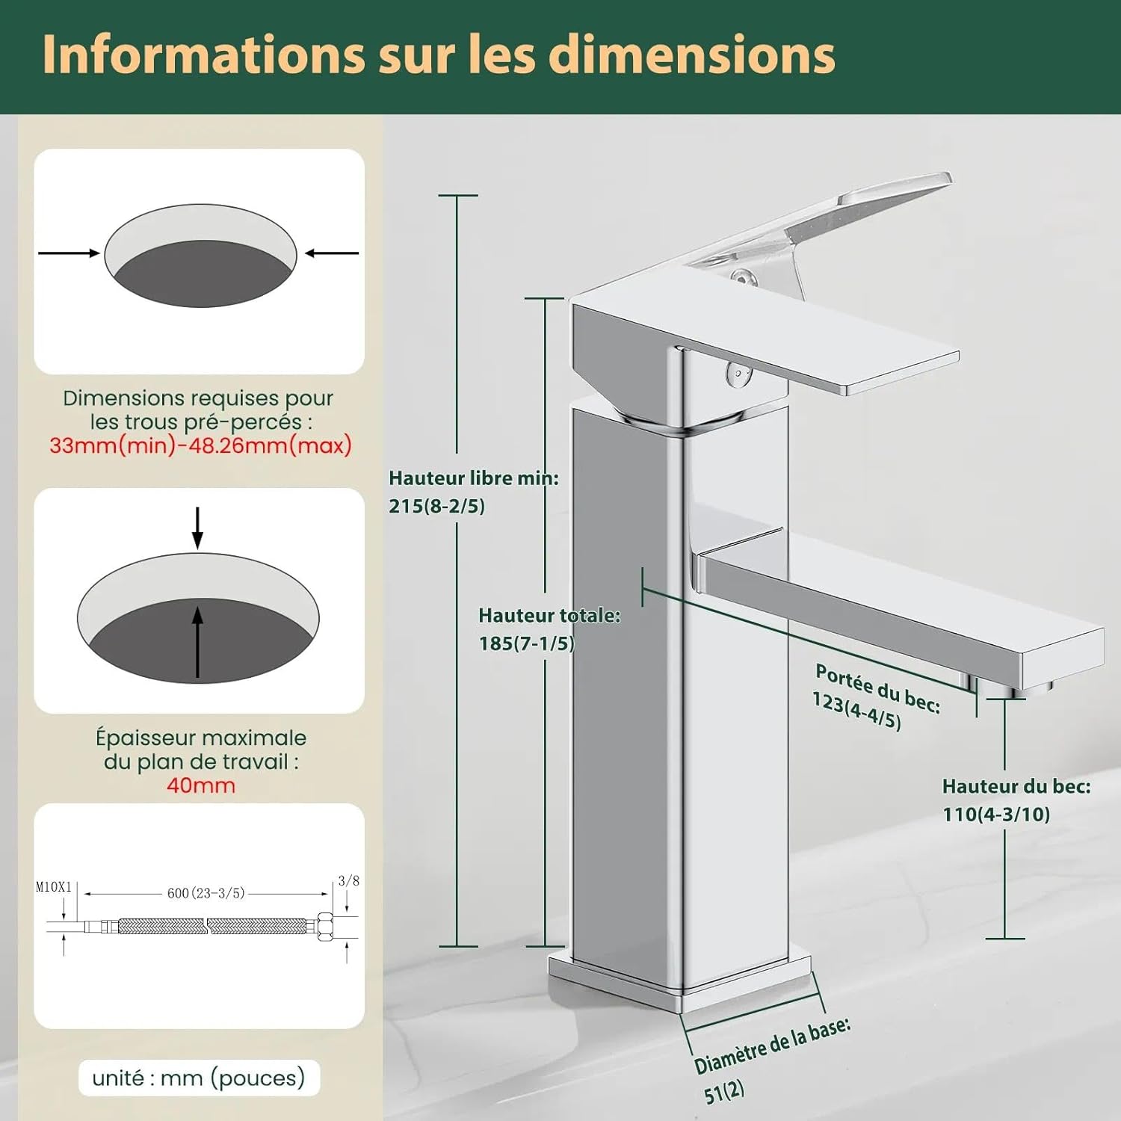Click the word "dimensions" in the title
coord(692,55)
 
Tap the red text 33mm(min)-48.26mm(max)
coord(200,445)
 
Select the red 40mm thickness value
coord(200,785)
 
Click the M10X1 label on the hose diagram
coord(54,887)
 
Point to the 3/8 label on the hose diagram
coord(348,881)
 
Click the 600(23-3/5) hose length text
coord(206,893)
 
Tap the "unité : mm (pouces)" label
coord(199,1078)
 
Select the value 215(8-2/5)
coord(436,506)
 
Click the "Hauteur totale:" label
coord(549,615)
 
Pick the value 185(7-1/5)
coord(526,643)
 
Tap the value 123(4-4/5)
coord(856,711)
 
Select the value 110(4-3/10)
coord(996,814)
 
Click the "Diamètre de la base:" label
coord(773,1045)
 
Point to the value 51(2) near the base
coord(724,1092)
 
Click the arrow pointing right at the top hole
coord(69,253)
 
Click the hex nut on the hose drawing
coord(326,927)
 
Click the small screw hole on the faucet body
coord(739,373)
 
